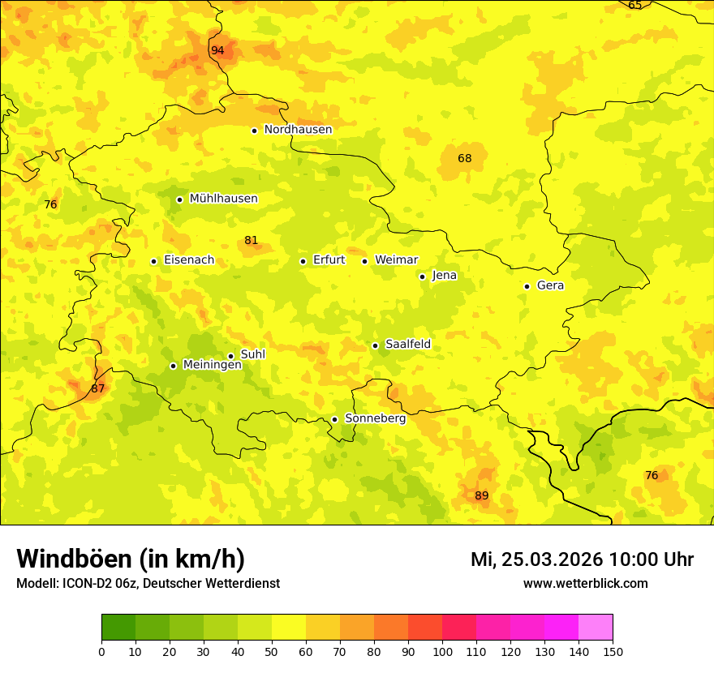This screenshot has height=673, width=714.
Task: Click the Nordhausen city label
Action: (298, 130)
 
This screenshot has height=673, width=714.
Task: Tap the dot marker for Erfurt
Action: (303, 261)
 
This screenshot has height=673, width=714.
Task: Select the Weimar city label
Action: (396, 260)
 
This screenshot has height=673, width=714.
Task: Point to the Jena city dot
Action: (422, 276)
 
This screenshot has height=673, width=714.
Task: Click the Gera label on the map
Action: (550, 285)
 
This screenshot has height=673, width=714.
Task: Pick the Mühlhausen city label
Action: (223, 199)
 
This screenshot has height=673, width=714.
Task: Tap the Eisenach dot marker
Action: (153, 261)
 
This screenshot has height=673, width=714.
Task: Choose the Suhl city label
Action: (253, 354)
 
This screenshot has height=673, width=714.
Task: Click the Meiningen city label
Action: (213, 365)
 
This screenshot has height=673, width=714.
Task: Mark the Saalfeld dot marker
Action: (375, 345)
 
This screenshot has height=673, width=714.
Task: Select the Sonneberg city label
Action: (375, 418)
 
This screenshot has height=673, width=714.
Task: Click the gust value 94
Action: (217, 50)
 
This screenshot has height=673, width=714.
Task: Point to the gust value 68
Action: (464, 158)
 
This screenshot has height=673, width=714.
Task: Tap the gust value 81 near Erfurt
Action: (251, 240)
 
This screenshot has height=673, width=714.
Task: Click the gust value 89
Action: (481, 495)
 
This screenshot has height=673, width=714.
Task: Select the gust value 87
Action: (97, 388)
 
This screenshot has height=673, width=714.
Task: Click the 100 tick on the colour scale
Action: (442, 651)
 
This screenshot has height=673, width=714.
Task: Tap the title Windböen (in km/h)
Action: (131, 559)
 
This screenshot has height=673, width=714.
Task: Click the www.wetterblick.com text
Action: (585, 583)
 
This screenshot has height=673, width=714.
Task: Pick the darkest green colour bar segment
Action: (118, 627)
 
